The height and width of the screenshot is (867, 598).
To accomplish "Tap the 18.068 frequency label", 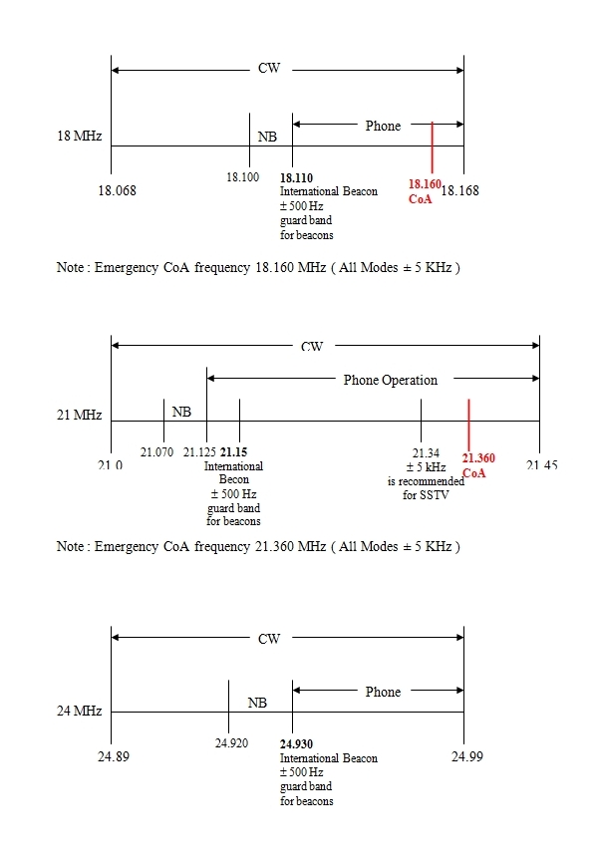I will [x=117, y=191].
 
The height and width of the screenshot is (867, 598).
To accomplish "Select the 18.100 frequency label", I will [x=243, y=176].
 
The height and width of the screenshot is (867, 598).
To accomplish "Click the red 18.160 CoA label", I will [x=424, y=191].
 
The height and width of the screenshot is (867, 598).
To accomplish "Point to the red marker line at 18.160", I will [x=432, y=147].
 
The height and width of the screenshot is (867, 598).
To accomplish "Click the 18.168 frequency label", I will [x=459, y=191].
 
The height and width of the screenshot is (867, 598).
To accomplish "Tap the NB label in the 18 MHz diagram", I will [x=267, y=137].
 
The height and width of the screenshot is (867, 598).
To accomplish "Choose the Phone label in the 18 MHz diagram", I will [x=383, y=126].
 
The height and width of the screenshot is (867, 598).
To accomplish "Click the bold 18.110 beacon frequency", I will [x=296, y=178].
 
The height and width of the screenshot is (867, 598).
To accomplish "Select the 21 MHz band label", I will [x=79, y=415].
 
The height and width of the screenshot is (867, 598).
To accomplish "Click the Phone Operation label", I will [x=390, y=380].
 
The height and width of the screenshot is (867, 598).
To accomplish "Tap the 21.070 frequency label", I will [x=156, y=452].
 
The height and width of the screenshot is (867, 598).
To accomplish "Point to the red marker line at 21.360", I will [x=468, y=423].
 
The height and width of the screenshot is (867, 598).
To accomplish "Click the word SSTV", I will [x=426, y=495].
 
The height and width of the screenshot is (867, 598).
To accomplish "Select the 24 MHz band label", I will [x=79, y=712].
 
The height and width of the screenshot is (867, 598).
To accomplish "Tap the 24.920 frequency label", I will [x=231, y=743].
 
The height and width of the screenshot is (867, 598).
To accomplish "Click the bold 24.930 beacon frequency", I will [x=296, y=744].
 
